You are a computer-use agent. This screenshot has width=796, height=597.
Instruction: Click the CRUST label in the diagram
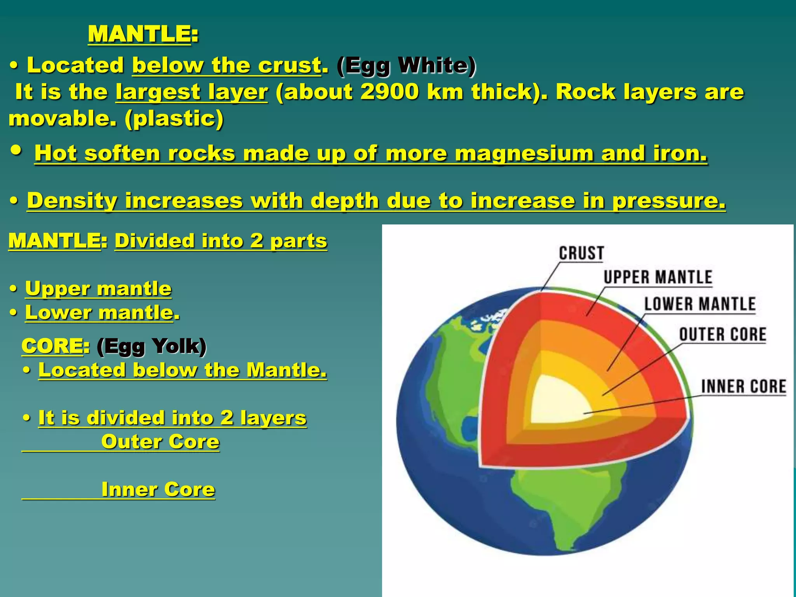pos(581,253)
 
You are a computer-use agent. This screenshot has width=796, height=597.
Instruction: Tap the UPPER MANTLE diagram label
pos(658,278)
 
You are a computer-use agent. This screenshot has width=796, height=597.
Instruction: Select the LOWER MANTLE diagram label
pos(700,304)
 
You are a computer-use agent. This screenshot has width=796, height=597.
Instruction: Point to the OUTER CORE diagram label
pos(723,335)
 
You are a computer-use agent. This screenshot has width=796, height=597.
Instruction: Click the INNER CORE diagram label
pos(744,387)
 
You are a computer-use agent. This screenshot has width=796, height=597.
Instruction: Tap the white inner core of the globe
pos(556,400)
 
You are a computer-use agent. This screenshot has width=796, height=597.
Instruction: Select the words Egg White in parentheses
pos(407,65)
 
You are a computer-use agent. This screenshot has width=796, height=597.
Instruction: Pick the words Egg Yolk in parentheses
pos(152,346)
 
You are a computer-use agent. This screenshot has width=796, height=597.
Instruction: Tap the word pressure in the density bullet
pos(669,201)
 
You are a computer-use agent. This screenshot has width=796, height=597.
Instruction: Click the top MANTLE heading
pos(139,34)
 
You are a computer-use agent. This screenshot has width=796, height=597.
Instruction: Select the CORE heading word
pos(52,346)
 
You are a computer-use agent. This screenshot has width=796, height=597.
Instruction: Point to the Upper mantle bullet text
pos(98,289)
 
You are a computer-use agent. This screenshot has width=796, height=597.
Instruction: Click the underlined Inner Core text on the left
pos(158,489)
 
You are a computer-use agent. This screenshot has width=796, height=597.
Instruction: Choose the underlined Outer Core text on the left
pos(160,442)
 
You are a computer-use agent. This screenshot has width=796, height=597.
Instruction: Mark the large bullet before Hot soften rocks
pos(16,151)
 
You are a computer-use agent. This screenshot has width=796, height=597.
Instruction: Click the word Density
pos(72,201)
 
